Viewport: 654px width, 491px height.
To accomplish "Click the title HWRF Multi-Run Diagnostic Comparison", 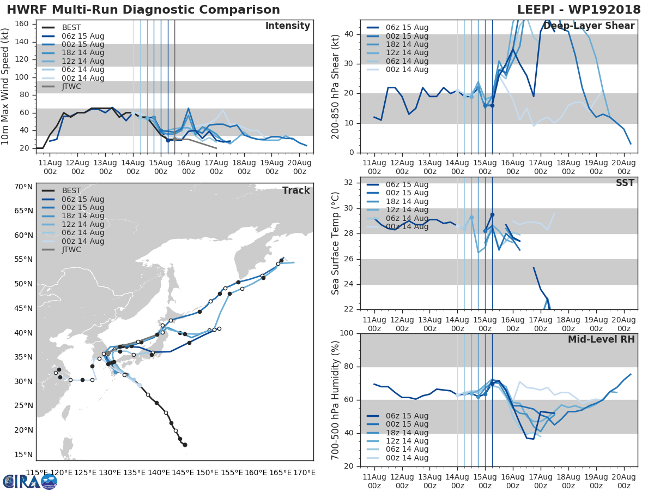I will pos(143,10).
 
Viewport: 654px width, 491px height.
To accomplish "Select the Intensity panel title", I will pos(287,26).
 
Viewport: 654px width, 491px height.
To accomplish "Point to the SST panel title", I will pos(625,183).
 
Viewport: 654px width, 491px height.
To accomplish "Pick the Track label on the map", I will pos(296,190).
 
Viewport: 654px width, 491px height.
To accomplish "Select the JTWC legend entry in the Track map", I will pos(71,249).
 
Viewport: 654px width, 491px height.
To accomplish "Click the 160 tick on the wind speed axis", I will pos(22,24).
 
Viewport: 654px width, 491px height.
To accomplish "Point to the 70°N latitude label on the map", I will pos(22,187).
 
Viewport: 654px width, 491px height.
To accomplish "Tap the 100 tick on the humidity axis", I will pos(347,333).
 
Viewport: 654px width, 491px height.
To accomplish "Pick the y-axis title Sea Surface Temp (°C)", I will pos(336,243).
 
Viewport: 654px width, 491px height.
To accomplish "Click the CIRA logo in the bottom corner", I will pos(30,481).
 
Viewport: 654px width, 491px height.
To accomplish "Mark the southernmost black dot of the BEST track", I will pos(185,445).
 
